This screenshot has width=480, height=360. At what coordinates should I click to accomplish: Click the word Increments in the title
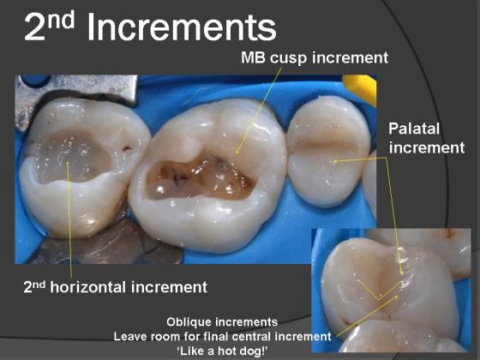[x=182, y=27]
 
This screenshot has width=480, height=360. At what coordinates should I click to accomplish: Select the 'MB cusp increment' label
[x=315, y=58]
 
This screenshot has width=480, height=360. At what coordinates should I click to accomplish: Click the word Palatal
[x=414, y=129]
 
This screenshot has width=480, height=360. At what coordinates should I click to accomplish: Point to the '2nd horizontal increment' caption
[x=116, y=287]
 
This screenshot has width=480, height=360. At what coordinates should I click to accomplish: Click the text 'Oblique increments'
[x=222, y=322]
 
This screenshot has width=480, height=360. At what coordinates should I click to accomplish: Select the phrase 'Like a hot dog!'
[x=222, y=351]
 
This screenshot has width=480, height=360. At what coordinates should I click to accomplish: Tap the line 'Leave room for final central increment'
[x=222, y=336]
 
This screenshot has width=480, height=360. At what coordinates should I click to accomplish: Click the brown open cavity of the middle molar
[x=199, y=178]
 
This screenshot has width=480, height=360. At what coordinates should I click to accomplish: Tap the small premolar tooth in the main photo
[x=328, y=151]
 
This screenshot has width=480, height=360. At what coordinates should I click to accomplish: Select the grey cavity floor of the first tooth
[x=72, y=154]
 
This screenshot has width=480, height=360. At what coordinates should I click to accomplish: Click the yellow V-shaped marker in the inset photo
[x=379, y=291]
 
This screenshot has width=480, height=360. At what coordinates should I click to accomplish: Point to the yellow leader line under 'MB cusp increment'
[x=259, y=111]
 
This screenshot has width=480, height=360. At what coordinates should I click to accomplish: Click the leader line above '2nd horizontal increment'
[x=69, y=219]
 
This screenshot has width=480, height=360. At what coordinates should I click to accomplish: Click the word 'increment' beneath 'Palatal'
[x=427, y=147]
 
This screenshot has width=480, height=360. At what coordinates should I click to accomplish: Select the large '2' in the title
[x=35, y=27]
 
